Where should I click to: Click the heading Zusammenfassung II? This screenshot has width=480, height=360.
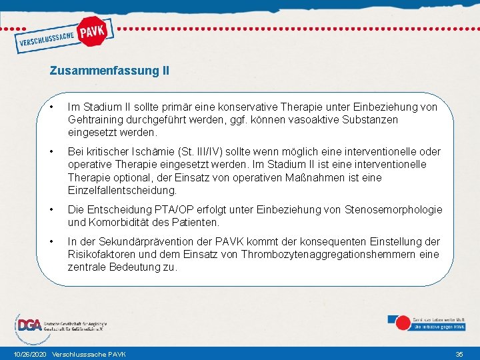(x=109, y=70)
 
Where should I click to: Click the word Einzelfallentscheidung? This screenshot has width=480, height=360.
(x=123, y=190)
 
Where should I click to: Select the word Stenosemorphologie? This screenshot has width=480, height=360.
(x=393, y=209)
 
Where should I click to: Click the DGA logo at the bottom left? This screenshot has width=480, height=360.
(x=29, y=325)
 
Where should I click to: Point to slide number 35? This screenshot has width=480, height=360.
(x=459, y=353)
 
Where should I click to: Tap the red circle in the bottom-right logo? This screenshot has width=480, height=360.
(x=403, y=323)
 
